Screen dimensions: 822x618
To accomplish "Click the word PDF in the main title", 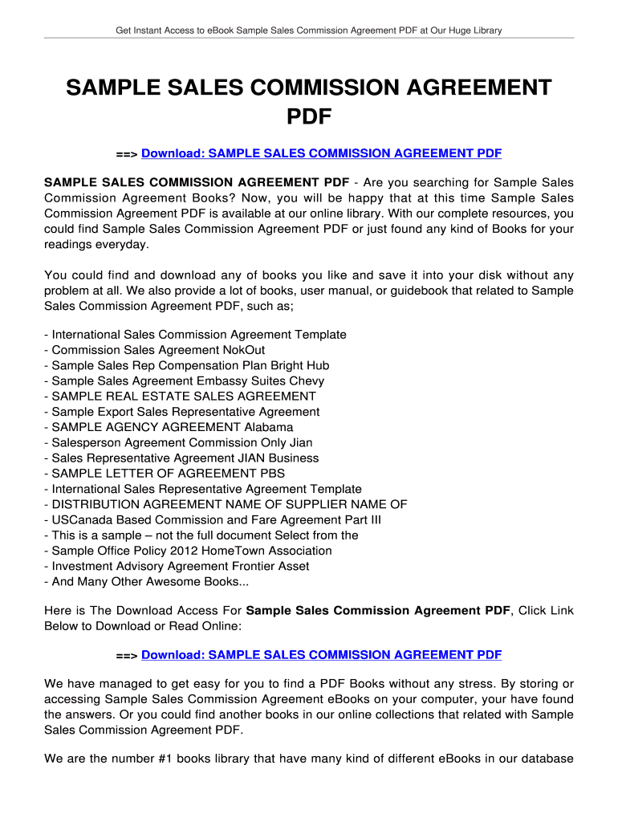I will click(x=309, y=117).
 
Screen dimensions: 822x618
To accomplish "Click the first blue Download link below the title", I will click(x=321, y=153).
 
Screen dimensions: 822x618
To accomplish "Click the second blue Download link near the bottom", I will click(x=321, y=655).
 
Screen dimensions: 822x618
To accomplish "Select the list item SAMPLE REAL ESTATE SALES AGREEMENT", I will click(x=183, y=397).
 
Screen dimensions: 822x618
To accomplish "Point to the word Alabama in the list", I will click(x=269, y=427).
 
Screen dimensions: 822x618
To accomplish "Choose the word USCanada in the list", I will click(x=79, y=519).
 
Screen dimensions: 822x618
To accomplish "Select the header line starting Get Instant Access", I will click(x=309, y=31).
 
